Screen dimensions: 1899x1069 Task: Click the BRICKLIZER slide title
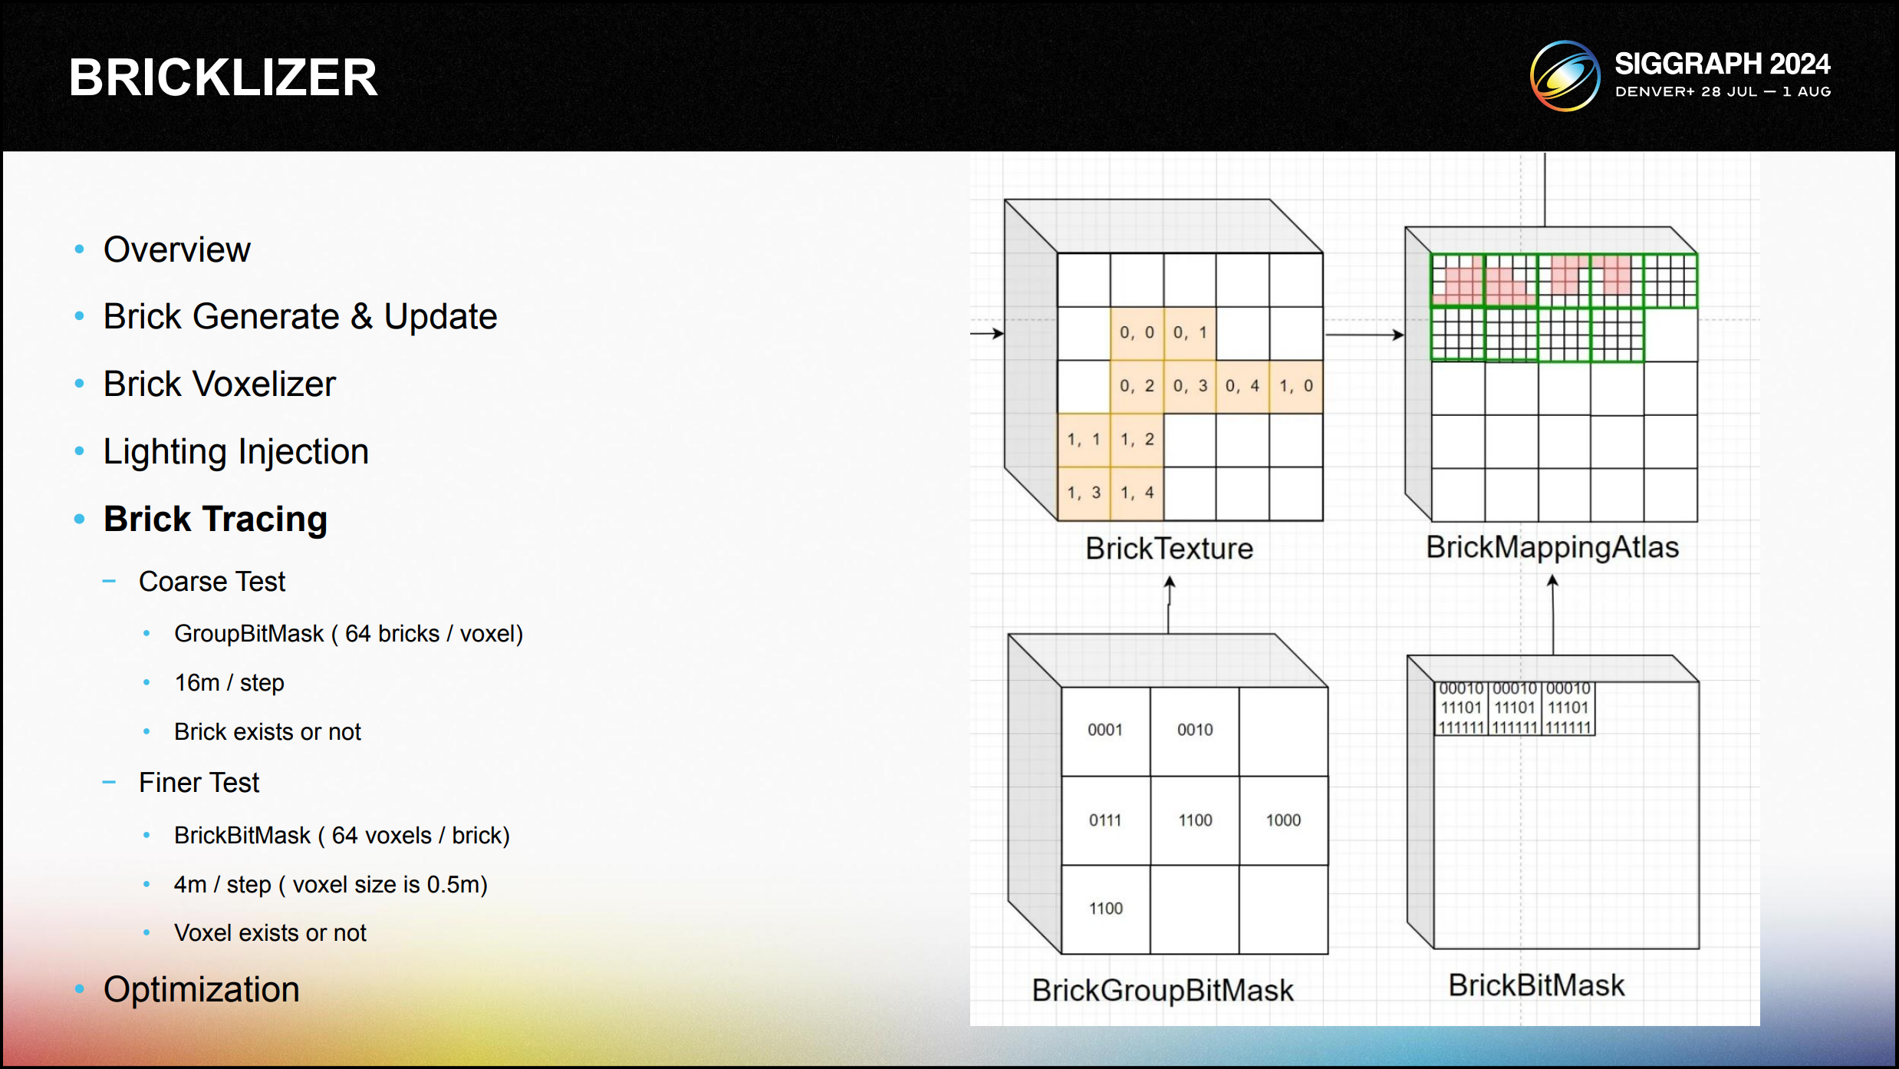(223, 78)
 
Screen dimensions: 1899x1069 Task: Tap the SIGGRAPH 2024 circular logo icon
(1565, 76)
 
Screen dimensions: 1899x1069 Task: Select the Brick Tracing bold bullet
(216, 519)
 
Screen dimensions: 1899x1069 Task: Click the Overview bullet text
(176, 249)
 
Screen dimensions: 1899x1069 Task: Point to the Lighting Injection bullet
(235, 451)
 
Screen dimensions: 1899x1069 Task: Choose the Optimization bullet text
(201, 989)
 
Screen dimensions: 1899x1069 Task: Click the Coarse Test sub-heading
(212, 582)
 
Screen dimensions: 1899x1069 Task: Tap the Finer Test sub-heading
(199, 783)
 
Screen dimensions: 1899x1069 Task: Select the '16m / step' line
(229, 682)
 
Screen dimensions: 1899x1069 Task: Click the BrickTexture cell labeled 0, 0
(1137, 333)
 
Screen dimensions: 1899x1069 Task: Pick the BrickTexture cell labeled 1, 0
(1295, 386)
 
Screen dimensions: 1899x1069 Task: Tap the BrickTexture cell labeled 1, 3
(1084, 493)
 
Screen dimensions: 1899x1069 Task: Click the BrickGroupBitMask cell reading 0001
(1105, 730)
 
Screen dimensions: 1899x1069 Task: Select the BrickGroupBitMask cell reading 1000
(1283, 820)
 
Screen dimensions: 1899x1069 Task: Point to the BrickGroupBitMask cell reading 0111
(1105, 820)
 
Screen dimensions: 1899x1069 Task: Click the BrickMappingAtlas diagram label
(1552, 547)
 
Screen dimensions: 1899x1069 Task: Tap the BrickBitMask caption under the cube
(1536, 985)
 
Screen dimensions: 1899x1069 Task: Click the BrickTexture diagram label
(1169, 549)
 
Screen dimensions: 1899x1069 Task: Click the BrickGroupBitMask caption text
(1163, 990)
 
